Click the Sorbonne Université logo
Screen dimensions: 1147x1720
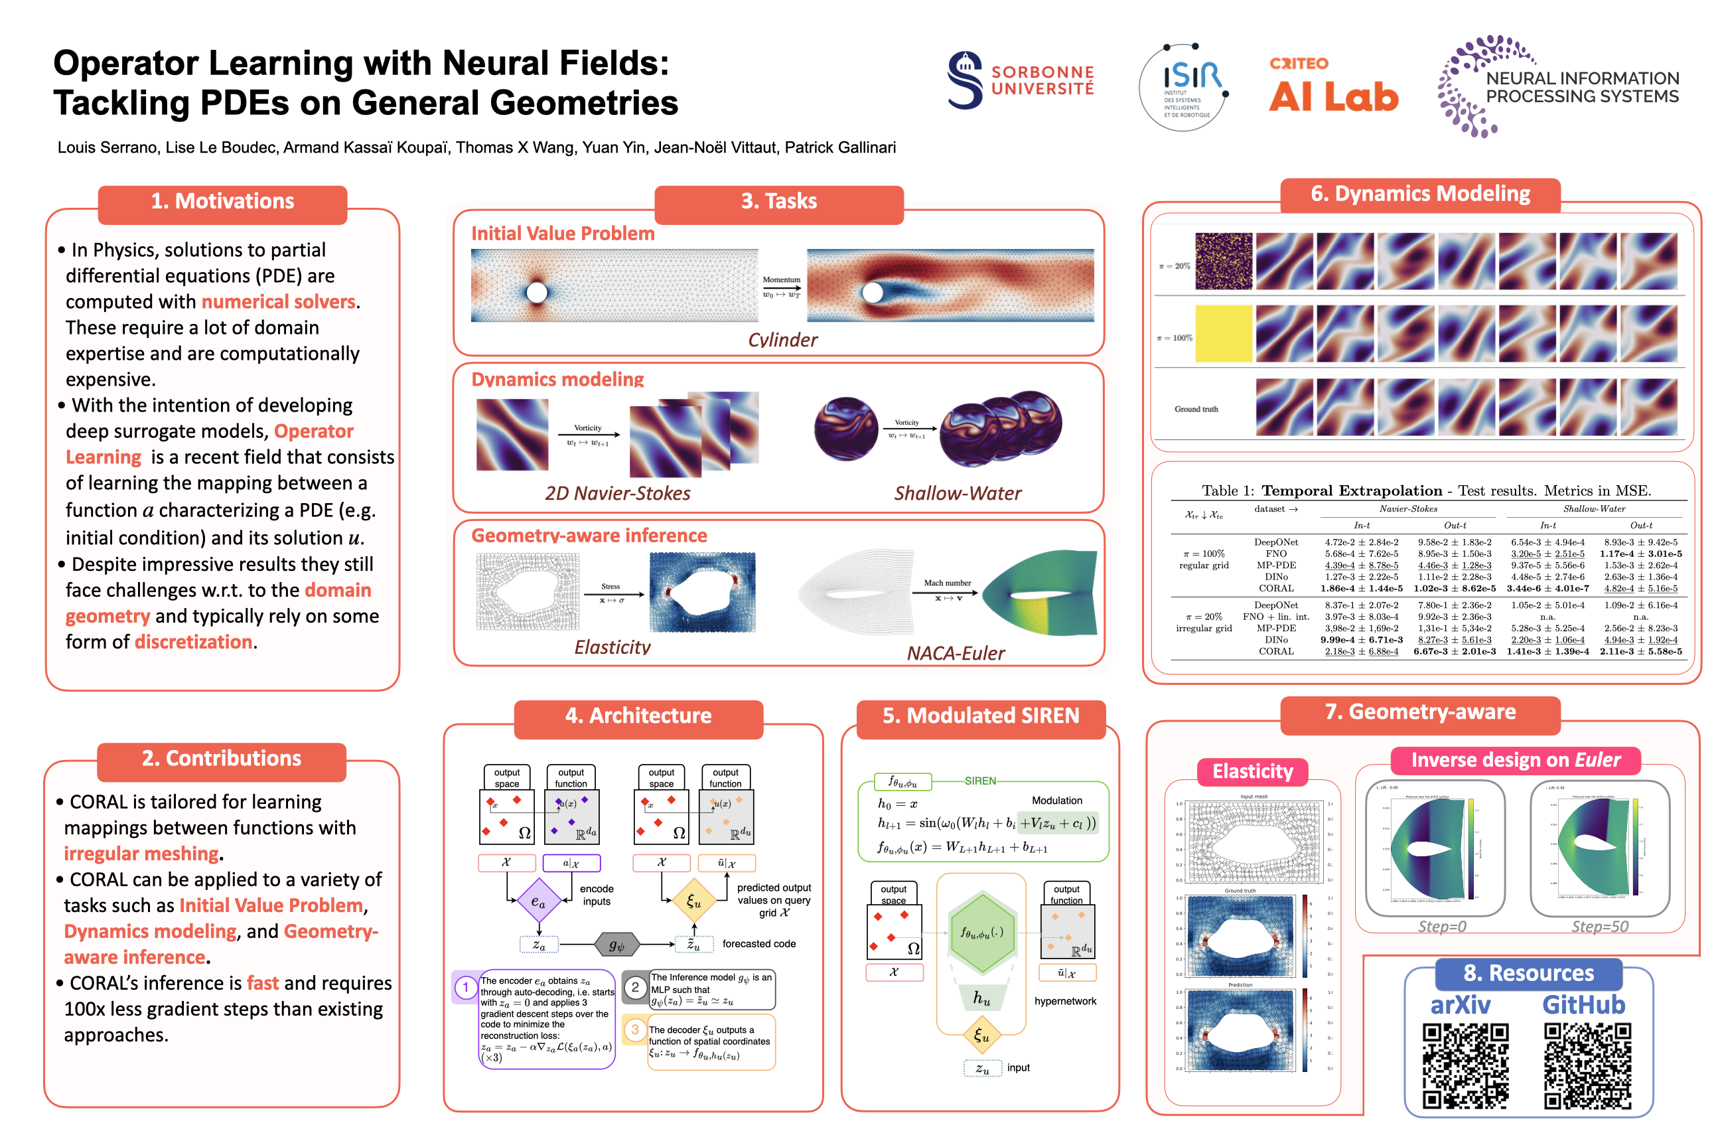tap(1020, 80)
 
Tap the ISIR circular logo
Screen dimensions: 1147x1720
tap(1183, 87)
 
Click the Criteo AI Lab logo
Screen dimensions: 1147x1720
tap(1332, 86)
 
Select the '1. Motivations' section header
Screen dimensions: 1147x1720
tap(222, 201)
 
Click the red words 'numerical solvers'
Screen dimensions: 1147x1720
tap(279, 301)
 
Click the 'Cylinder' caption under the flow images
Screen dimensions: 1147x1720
tap(782, 339)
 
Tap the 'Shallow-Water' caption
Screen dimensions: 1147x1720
tap(958, 493)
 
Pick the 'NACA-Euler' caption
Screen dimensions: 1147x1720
tap(955, 653)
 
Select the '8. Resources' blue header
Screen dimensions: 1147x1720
tap(1528, 973)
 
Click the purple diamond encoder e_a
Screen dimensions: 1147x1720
tap(538, 902)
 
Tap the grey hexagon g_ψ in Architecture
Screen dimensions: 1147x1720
tap(616, 945)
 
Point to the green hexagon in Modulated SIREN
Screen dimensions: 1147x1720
tap(981, 933)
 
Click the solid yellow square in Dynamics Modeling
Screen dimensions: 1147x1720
tap(1224, 334)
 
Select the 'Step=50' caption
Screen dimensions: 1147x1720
tap(1599, 926)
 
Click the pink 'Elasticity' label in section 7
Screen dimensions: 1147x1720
tap(1252, 771)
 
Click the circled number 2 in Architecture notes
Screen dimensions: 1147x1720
tap(635, 988)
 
